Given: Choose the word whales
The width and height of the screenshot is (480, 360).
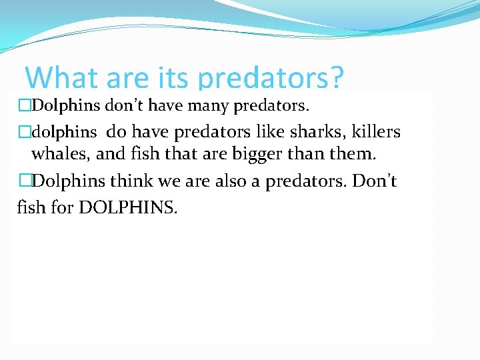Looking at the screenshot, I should coord(61,155).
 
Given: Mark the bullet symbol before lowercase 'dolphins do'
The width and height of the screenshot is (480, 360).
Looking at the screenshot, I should coord(25,132).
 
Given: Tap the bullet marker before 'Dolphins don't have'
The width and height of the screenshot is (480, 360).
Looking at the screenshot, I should coord(24,105).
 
